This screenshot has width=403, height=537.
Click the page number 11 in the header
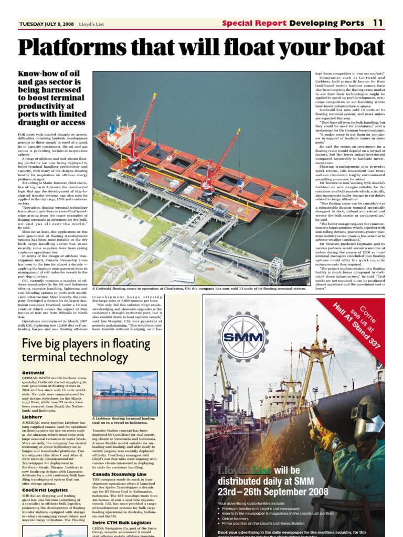378,23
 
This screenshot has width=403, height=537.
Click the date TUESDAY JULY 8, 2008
46,24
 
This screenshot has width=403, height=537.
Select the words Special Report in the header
254,23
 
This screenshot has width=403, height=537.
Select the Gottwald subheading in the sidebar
33,373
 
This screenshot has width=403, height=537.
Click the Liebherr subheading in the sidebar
33,416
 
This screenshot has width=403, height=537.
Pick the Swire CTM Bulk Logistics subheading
122,522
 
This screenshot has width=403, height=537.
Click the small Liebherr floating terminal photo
125,393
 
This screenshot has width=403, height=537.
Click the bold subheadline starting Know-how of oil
52,98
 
